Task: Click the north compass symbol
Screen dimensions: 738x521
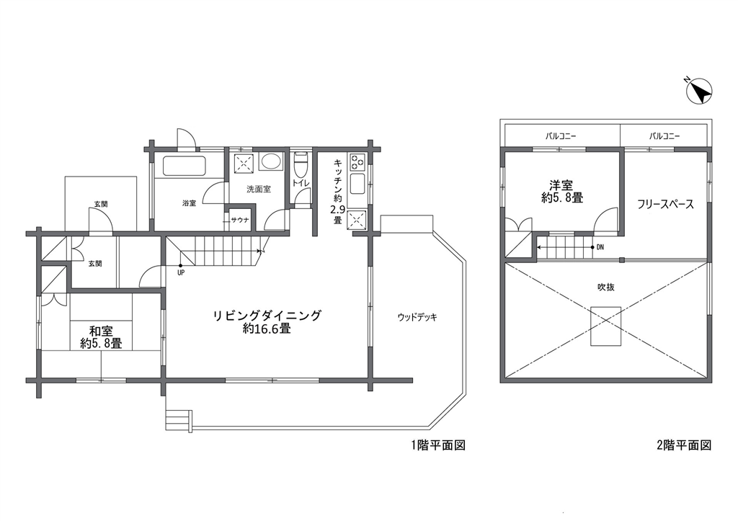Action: tap(699, 91)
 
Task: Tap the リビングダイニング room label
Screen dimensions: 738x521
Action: tap(267, 315)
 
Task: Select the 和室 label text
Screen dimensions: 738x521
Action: tap(101, 331)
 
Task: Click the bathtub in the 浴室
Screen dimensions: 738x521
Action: tap(184, 166)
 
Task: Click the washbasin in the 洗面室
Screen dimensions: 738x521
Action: tap(270, 162)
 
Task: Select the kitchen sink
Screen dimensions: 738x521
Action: tap(357, 183)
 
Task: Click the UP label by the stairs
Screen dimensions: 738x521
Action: tap(181, 272)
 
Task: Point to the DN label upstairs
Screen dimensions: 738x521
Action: tap(600, 247)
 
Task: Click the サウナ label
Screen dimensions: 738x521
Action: tap(240, 220)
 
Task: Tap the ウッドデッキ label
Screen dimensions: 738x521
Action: tap(417, 317)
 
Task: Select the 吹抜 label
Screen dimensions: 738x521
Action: tap(606, 287)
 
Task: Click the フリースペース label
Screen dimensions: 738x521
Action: tap(665, 204)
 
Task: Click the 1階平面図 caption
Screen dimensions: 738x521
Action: tap(438, 445)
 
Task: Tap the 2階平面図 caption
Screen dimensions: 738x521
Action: tap(684, 445)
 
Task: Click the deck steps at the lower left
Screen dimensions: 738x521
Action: tap(179, 420)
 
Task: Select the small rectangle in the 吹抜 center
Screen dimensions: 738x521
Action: tap(606, 326)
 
